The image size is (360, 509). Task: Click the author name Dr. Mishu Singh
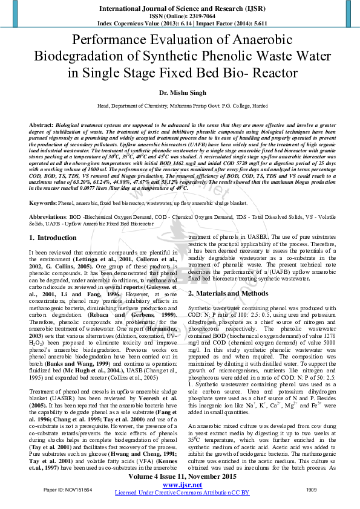pyautogui.click(x=180, y=92)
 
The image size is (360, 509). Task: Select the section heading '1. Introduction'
pyautogui.click(x=53, y=254)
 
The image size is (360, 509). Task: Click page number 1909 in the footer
pyautogui.click(x=312, y=489)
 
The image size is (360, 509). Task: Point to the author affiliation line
pyautogui.click(x=180, y=105)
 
